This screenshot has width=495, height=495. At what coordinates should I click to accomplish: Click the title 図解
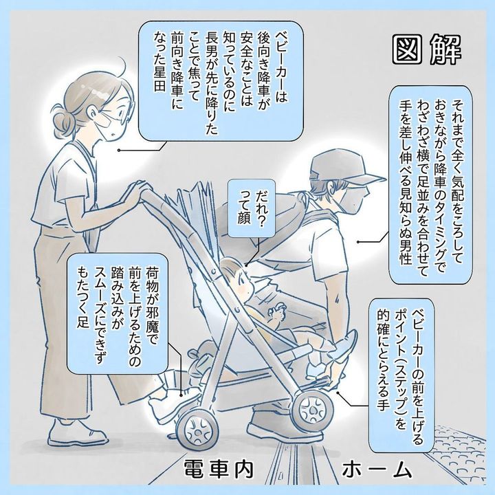(427, 50)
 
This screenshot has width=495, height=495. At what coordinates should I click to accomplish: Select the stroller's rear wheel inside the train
(197, 429)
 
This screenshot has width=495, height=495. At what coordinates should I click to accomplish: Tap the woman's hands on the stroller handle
(135, 193)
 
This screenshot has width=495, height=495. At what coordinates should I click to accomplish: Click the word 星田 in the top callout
(159, 82)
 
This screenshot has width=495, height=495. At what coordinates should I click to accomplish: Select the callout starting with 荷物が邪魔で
(117, 313)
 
